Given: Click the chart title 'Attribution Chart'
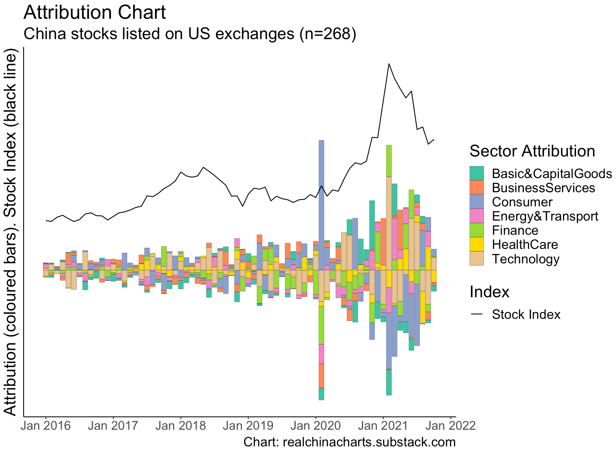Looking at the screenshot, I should [95, 13].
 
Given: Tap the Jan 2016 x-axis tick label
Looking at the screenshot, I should [46, 426].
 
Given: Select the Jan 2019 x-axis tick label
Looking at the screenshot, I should [248, 426].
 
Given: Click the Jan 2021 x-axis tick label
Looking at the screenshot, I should [383, 426].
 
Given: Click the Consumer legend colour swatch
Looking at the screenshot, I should [476, 202].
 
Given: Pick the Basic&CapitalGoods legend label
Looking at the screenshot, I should [552, 174].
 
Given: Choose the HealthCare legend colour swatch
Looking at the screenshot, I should [476, 245].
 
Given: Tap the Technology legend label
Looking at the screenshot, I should [525, 259].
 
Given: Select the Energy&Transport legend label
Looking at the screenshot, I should [545, 216].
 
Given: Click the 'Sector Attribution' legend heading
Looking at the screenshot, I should [532, 151].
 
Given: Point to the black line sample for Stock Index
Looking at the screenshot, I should [476, 315].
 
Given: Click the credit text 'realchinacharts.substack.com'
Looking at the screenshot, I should [369, 442].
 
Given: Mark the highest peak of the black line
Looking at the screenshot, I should [389, 64].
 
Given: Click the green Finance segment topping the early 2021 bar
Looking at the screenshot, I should [389, 160].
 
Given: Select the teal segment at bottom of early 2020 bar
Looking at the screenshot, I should [321, 394].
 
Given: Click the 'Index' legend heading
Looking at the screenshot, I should [489, 292].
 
